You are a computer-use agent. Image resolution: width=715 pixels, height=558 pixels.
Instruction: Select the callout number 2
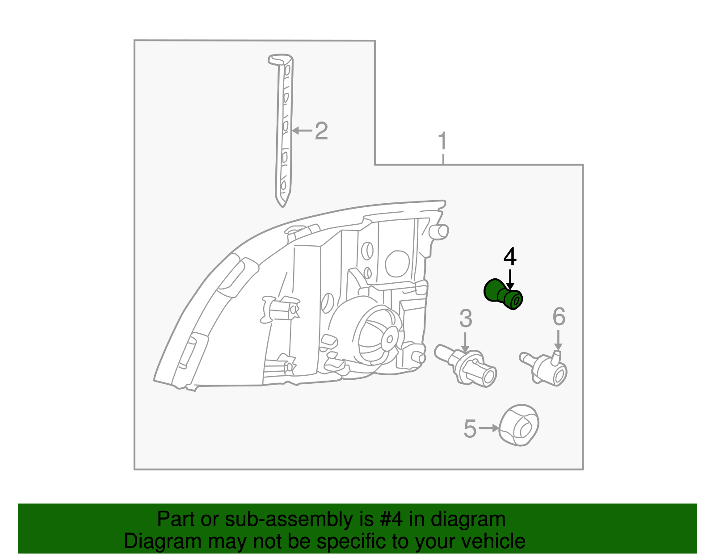click(x=321, y=131)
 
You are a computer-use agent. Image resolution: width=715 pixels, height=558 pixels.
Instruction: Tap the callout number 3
click(x=466, y=318)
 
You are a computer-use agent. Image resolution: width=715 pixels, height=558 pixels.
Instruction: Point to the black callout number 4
click(x=510, y=257)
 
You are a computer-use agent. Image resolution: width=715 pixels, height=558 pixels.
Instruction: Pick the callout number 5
click(x=470, y=429)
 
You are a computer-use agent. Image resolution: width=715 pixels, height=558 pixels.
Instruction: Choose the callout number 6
click(x=559, y=316)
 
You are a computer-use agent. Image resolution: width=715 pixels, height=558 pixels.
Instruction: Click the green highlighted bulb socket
click(x=503, y=294)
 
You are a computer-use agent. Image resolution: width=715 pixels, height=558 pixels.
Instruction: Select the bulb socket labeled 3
click(x=465, y=365)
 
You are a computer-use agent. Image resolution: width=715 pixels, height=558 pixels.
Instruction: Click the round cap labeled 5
click(x=518, y=425)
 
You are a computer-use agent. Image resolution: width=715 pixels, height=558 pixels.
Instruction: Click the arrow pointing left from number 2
click(x=302, y=131)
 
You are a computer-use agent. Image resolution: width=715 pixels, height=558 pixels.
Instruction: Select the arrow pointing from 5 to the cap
click(x=489, y=428)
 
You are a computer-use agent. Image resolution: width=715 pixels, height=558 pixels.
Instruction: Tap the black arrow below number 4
click(x=510, y=280)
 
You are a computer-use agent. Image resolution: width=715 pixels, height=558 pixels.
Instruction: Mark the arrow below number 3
click(x=465, y=343)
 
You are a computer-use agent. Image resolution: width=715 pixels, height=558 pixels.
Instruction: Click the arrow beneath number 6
click(x=558, y=340)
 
